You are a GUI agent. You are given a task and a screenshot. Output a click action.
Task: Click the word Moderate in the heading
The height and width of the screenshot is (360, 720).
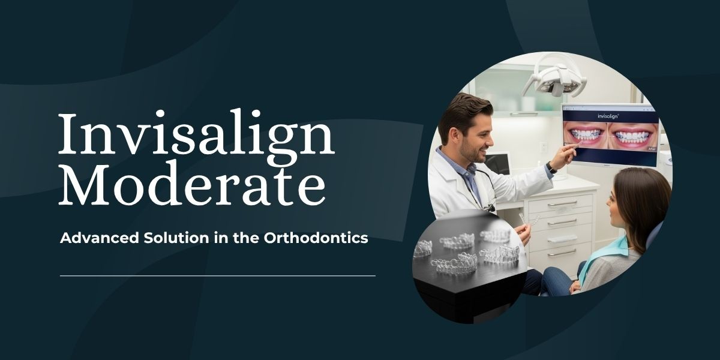192,183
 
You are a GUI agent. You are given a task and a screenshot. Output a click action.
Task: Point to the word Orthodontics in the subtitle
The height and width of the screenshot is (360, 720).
316,238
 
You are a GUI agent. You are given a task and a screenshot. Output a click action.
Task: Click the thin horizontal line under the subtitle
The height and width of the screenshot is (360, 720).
218,275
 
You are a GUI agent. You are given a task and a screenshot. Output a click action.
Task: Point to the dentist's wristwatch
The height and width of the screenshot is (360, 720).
551,167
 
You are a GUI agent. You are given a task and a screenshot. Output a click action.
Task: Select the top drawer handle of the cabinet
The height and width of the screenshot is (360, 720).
562,203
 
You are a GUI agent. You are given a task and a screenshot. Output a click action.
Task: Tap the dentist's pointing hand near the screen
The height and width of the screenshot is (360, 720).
564,154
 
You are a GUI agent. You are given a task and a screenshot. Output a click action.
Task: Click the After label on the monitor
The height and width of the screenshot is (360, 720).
652,149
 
